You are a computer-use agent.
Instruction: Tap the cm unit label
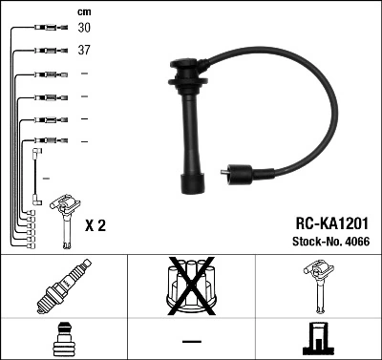point(82,11)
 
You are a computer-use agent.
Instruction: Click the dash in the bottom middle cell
point(191,341)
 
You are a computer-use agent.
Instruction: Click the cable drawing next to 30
point(45,29)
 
